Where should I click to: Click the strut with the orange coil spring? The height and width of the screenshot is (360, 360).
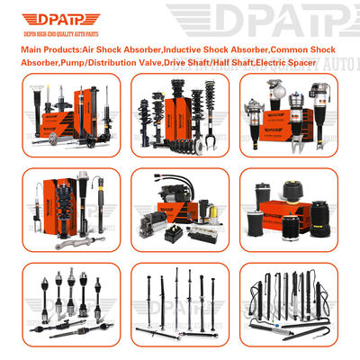[x=40, y=203]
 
